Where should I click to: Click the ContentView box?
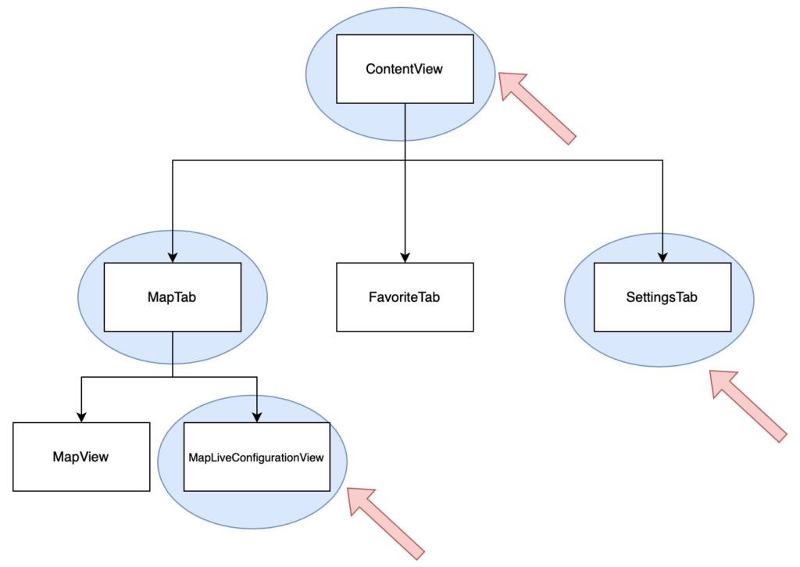pyautogui.click(x=405, y=69)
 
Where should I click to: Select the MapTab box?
pyautogui.click(x=173, y=297)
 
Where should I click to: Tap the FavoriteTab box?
pyautogui.click(x=405, y=297)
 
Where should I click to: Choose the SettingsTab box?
pyautogui.click(x=662, y=297)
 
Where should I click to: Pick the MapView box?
pyautogui.click(x=81, y=457)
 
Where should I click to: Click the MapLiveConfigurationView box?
pyautogui.click(x=257, y=457)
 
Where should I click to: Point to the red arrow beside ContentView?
pyautogui.click(x=536, y=107)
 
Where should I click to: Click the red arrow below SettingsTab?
pyautogui.click(x=747, y=406)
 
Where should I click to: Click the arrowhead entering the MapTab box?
pyautogui.click(x=173, y=257)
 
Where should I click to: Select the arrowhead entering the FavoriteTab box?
pyautogui.click(x=405, y=257)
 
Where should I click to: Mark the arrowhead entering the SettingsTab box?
pyautogui.click(x=662, y=257)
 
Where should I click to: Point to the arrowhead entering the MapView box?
pyautogui.click(x=81, y=416)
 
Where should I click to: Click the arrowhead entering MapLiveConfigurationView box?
pyautogui.click(x=257, y=416)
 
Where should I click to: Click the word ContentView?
pyautogui.click(x=404, y=69)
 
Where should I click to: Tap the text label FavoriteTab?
pyautogui.click(x=404, y=297)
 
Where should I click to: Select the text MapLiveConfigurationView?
pyautogui.click(x=256, y=458)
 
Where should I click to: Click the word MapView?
pyautogui.click(x=80, y=457)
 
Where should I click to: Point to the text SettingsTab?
pyautogui.click(x=662, y=297)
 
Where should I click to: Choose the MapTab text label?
pyautogui.click(x=172, y=297)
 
